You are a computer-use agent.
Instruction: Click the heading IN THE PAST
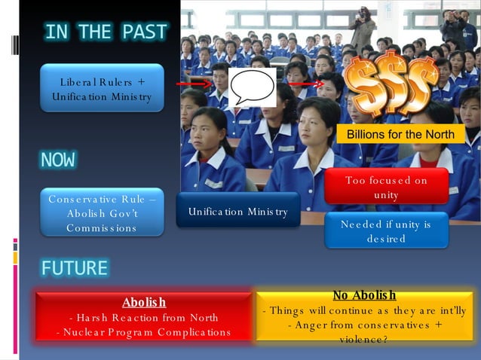pos(106,32)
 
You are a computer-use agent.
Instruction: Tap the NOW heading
pos(58,160)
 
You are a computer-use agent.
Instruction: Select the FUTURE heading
pos(75,268)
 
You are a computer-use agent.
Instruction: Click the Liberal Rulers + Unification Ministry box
pos(102,89)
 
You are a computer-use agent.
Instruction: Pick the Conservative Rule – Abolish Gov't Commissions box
pos(102,212)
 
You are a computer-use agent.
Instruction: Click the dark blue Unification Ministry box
pos(237,212)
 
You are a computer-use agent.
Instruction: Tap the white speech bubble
pos(251,87)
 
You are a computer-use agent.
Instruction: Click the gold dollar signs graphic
pos(391,84)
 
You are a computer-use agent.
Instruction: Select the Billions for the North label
pos(400,135)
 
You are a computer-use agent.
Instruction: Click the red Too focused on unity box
pos(386,187)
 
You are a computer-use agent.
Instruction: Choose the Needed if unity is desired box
pos(386,231)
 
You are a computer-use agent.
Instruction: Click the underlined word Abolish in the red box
pos(144,302)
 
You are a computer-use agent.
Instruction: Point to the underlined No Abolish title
pos(364,295)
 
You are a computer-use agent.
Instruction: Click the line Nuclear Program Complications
pos(144,332)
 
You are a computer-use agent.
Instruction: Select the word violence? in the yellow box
pos(364,340)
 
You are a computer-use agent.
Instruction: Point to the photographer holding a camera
pos(363,26)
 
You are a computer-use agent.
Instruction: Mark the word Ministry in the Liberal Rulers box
pos(130,96)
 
